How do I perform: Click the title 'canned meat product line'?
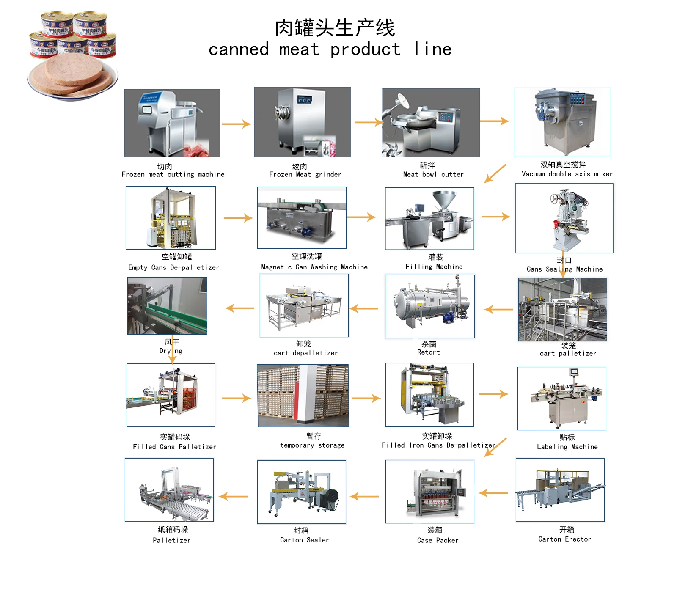(330, 49)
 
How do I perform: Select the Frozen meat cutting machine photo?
(172, 123)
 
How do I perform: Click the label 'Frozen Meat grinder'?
(305, 174)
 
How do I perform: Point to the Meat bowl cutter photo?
(430, 123)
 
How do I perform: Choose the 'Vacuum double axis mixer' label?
(567, 174)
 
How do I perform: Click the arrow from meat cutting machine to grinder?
(236, 124)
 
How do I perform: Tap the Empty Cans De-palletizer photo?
(171, 218)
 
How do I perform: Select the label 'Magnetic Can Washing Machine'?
(314, 267)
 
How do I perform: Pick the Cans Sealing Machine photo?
(564, 218)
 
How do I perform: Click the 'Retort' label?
(428, 352)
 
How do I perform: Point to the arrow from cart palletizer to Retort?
(498, 310)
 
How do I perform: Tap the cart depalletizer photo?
(304, 305)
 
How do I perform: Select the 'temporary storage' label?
(312, 445)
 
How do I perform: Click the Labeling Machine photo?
(561, 399)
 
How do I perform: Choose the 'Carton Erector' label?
(564, 539)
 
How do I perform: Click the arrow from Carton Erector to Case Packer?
(493, 493)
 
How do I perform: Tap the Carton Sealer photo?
(301, 492)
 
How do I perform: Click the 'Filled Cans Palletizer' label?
(174, 447)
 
